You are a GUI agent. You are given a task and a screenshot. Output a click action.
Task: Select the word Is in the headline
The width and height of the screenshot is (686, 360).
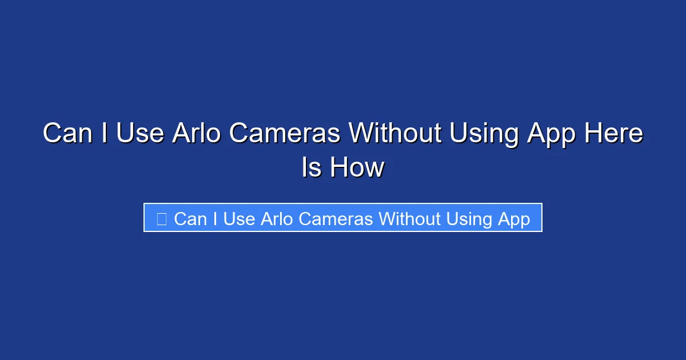312,168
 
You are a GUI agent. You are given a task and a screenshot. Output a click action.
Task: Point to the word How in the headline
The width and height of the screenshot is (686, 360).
357,168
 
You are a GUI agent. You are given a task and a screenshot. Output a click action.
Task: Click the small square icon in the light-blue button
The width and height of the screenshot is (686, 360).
162,219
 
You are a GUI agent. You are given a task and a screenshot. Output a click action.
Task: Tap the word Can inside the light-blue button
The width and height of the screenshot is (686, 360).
190,219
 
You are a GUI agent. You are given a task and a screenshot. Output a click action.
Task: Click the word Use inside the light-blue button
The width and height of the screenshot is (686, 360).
239,219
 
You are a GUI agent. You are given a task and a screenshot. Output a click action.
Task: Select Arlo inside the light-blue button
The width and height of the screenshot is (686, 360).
277,219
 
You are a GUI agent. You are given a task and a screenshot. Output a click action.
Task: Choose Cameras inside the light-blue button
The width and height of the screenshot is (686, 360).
336,219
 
